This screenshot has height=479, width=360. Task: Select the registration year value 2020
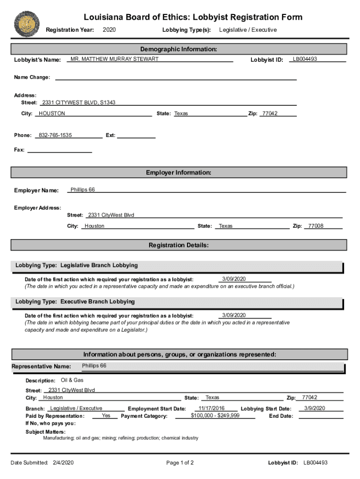[x=109, y=30]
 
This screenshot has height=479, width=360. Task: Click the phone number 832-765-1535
[x=55, y=135]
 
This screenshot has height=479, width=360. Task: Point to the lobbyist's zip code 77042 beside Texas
[x=270, y=114]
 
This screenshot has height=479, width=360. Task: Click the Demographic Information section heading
[x=179, y=49]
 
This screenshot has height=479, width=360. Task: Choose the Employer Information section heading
[x=179, y=173]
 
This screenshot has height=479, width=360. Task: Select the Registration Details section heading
[x=179, y=245]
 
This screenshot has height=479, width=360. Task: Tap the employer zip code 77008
[x=316, y=226]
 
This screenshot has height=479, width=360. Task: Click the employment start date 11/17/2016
[x=211, y=408]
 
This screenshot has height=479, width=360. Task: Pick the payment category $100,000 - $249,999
[x=215, y=415]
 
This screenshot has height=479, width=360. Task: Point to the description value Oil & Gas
[x=72, y=380]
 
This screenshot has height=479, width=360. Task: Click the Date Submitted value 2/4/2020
[x=63, y=463]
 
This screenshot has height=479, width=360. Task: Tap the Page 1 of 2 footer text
[x=180, y=463]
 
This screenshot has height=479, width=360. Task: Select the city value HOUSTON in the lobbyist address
[x=52, y=114]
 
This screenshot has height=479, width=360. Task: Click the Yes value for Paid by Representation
[x=106, y=415]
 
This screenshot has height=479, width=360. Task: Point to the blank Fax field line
[x=60, y=150]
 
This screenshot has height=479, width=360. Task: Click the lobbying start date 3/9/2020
[x=314, y=408]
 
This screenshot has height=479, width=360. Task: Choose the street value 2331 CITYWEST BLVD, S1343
[x=79, y=102]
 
